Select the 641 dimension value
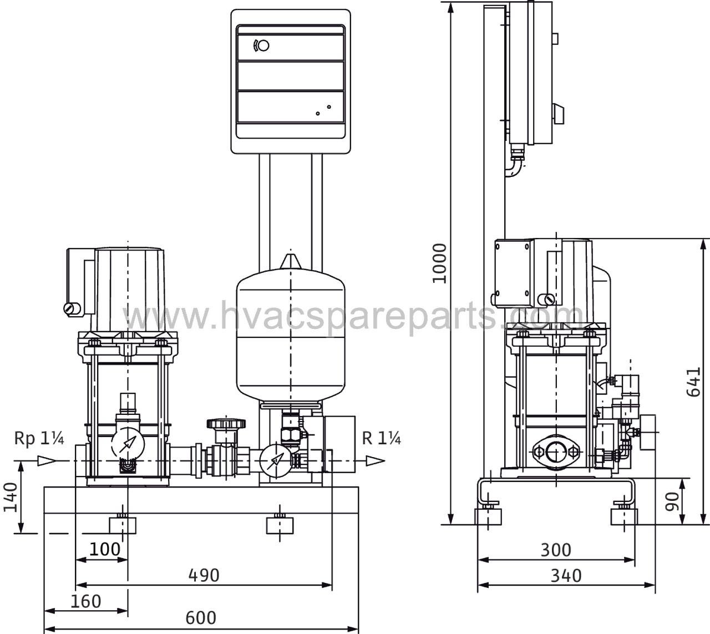coord(693,382)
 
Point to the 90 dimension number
coord(672,501)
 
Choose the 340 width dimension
coord(566,575)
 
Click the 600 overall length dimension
coord(200,617)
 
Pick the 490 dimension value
coord(204,575)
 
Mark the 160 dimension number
coord(86,601)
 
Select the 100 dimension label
coord(105,549)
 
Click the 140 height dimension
coord(11,497)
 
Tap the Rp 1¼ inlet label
coord(39,438)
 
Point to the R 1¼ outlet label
coord(382,438)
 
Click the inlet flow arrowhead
coord(47,461)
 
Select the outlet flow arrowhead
coord(376,461)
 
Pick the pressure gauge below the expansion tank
coord(276,460)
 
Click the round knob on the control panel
coord(263,46)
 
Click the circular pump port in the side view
coord(556,452)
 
